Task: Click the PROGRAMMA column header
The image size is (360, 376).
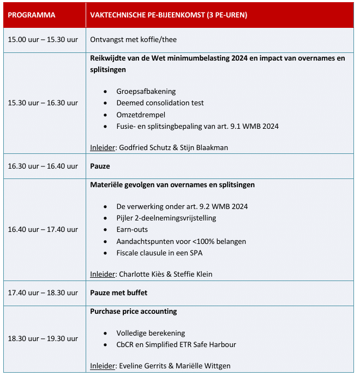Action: click(32, 15)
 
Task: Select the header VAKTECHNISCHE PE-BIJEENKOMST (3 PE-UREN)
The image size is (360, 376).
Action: click(169, 15)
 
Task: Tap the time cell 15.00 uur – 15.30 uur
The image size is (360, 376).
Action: click(43, 40)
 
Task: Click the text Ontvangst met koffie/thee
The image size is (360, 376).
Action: click(133, 40)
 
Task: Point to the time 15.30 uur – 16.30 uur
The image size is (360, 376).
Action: click(43, 103)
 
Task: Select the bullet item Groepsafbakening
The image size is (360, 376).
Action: click(146, 91)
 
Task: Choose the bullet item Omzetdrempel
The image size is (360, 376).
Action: click(140, 115)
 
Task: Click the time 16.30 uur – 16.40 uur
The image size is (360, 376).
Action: click(43, 166)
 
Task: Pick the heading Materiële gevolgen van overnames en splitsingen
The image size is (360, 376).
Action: click(172, 184)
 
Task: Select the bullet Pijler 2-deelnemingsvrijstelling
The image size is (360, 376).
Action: click(166, 218)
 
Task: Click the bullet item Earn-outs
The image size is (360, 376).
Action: click(132, 229)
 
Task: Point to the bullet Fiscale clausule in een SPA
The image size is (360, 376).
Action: click(159, 253)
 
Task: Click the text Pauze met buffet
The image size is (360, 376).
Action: click(118, 293)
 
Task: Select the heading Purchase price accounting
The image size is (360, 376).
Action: click(133, 311)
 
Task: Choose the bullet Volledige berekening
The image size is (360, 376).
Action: click(151, 333)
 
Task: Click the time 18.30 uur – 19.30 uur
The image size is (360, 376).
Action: click(43, 338)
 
